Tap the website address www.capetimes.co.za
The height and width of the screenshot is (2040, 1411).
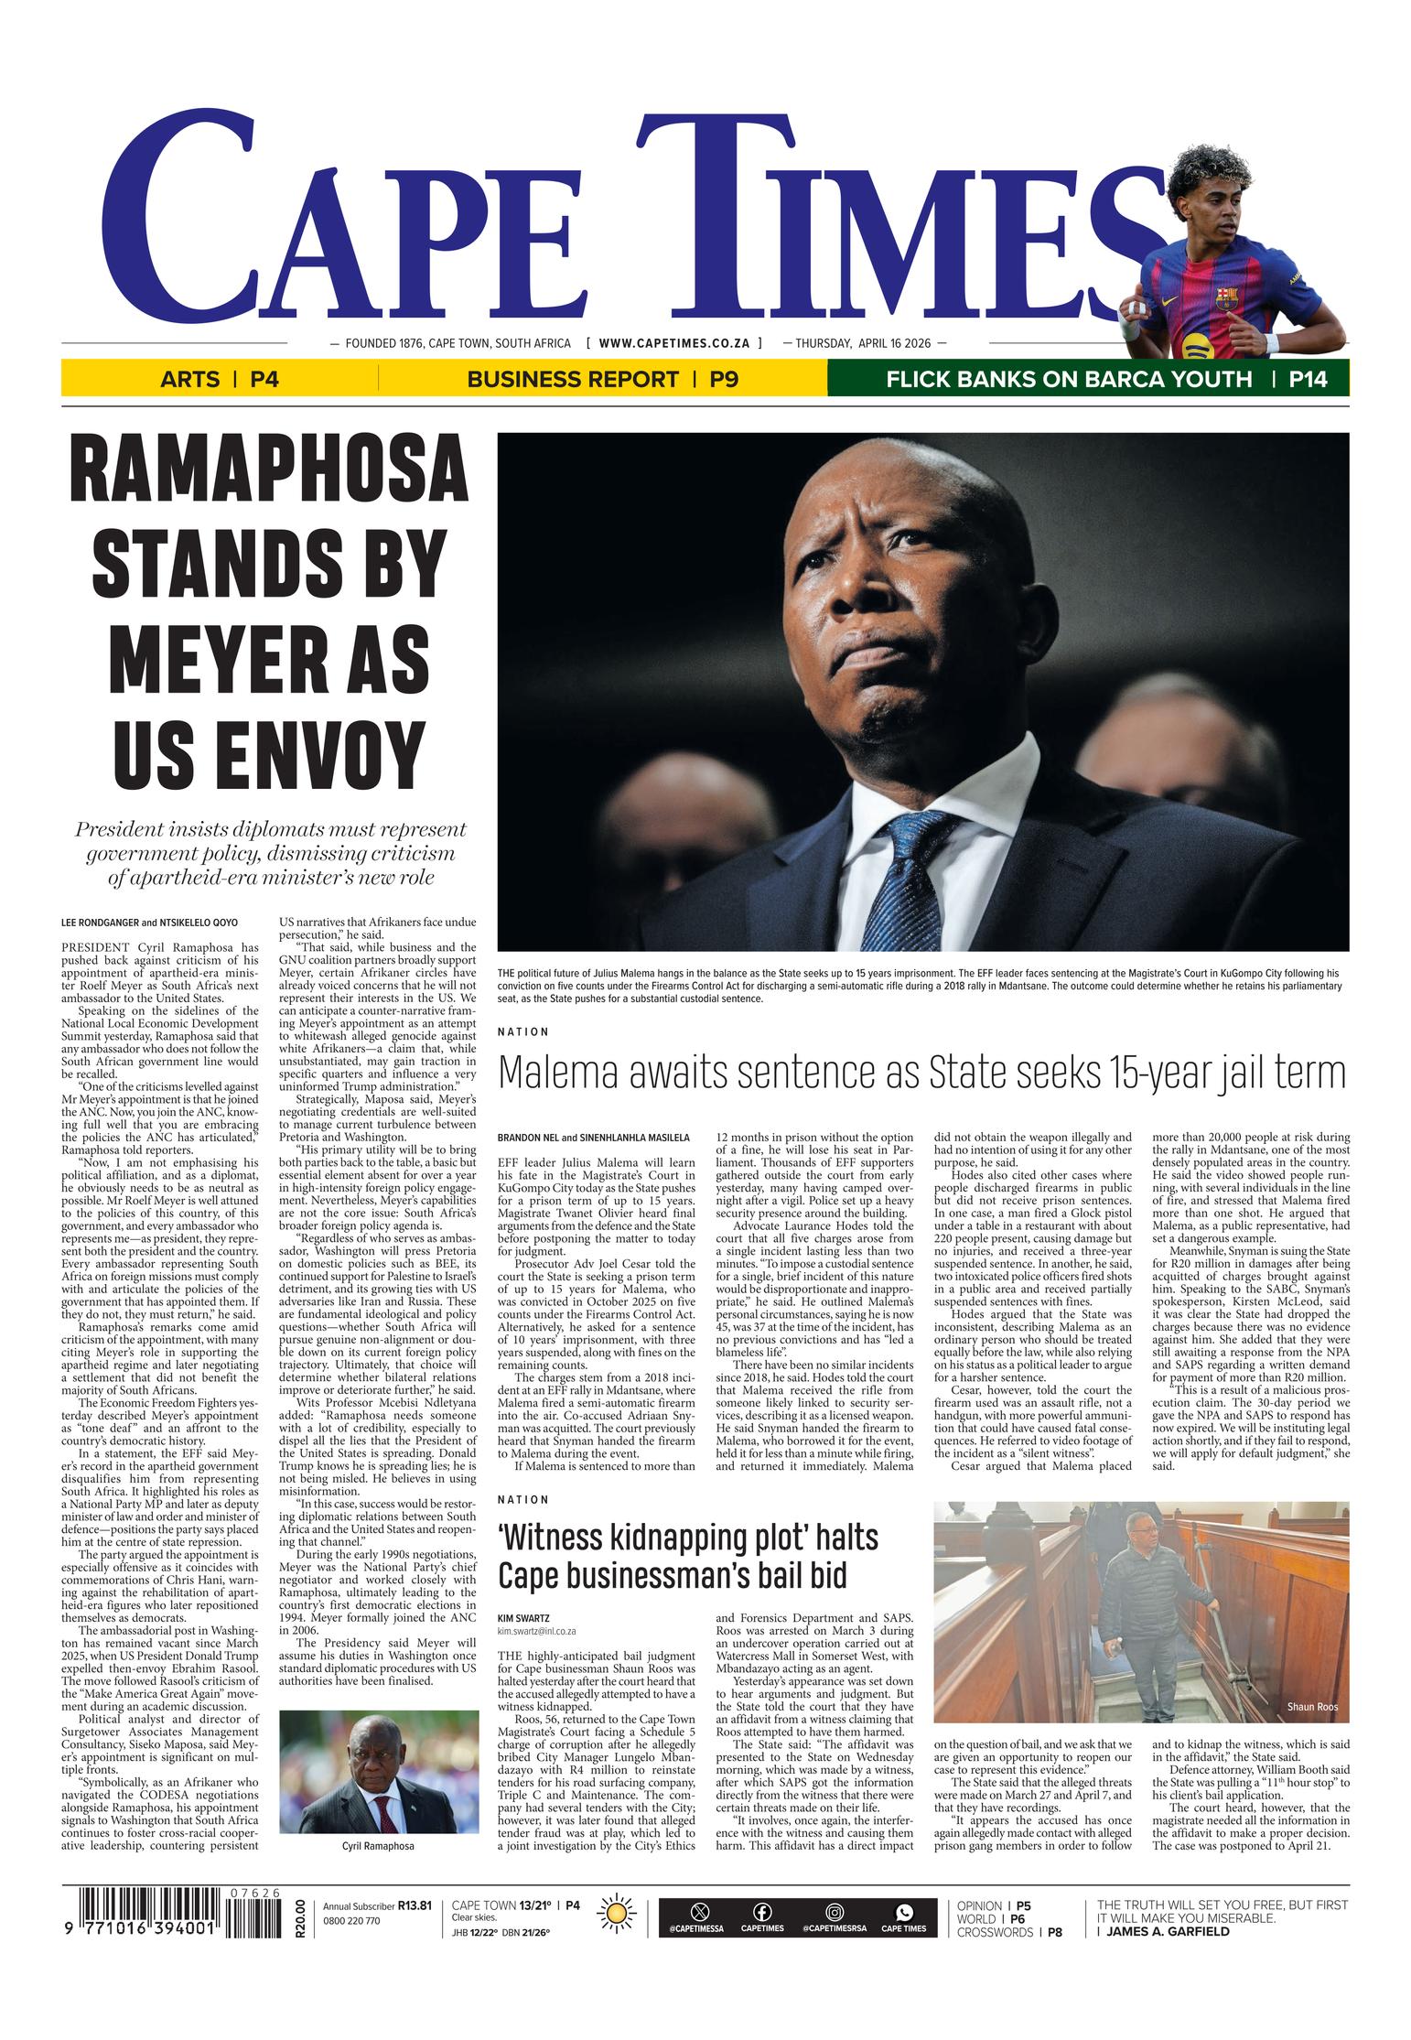pyautogui.click(x=674, y=343)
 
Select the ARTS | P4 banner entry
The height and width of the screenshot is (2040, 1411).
pyautogui.click(x=219, y=379)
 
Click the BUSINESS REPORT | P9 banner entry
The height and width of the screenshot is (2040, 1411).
pyautogui.click(x=602, y=379)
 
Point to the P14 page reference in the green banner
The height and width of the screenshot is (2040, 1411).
pyautogui.click(x=1308, y=379)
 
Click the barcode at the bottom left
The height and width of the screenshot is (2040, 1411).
pyautogui.click(x=174, y=1924)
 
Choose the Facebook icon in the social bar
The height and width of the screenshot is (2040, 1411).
pyautogui.click(x=761, y=1912)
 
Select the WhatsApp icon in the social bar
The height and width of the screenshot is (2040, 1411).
pyautogui.click(x=903, y=1912)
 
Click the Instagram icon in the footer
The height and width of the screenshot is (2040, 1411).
pyautogui.click(x=834, y=1912)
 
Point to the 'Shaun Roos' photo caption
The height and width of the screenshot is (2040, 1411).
pyautogui.click(x=1311, y=1708)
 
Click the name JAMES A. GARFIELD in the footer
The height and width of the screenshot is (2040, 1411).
pyautogui.click(x=1168, y=1932)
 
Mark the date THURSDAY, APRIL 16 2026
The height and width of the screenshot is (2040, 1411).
pyautogui.click(x=863, y=343)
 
